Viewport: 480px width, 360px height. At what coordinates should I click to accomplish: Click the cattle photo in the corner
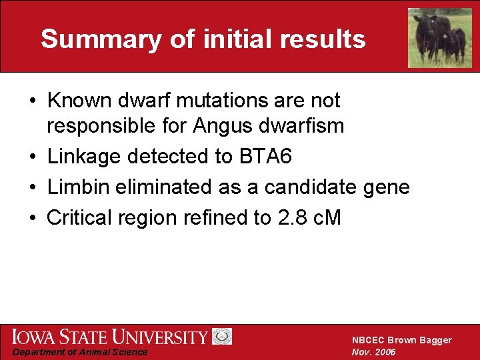(439, 37)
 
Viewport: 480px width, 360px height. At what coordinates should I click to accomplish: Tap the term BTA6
(265, 157)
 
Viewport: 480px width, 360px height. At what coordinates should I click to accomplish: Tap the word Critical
(81, 218)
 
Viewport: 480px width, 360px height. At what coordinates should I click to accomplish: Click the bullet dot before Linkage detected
(32, 157)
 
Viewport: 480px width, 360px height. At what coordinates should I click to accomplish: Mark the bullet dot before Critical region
(32, 219)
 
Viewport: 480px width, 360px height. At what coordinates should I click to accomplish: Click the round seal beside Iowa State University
(222, 337)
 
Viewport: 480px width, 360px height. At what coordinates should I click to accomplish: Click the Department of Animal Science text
(81, 352)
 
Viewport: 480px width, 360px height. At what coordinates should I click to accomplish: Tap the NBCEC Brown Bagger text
(401, 340)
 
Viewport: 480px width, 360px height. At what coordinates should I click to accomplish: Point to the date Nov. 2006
(373, 352)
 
